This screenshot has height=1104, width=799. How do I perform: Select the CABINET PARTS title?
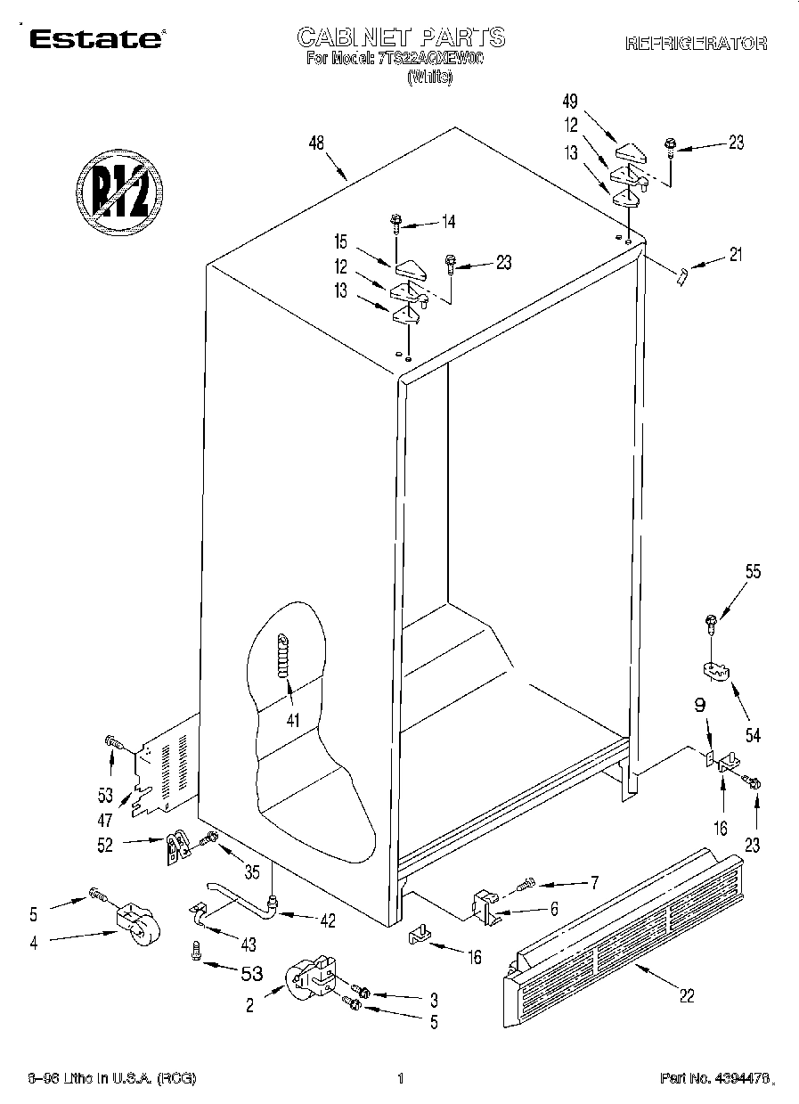pos(400,37)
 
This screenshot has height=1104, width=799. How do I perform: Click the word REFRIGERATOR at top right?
pos(696,43)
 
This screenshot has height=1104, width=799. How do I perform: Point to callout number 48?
pos(315,143)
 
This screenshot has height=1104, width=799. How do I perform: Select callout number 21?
pos(734,255)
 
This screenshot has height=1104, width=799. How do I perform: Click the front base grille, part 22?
pos(624,936)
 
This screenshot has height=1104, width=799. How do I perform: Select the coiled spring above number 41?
pos(284,654)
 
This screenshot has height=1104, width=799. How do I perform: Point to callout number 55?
pos(753,573)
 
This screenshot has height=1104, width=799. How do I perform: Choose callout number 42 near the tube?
pos(329,921)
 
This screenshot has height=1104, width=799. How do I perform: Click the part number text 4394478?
pos(713,1079)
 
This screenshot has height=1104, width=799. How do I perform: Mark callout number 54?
pos(753,735)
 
